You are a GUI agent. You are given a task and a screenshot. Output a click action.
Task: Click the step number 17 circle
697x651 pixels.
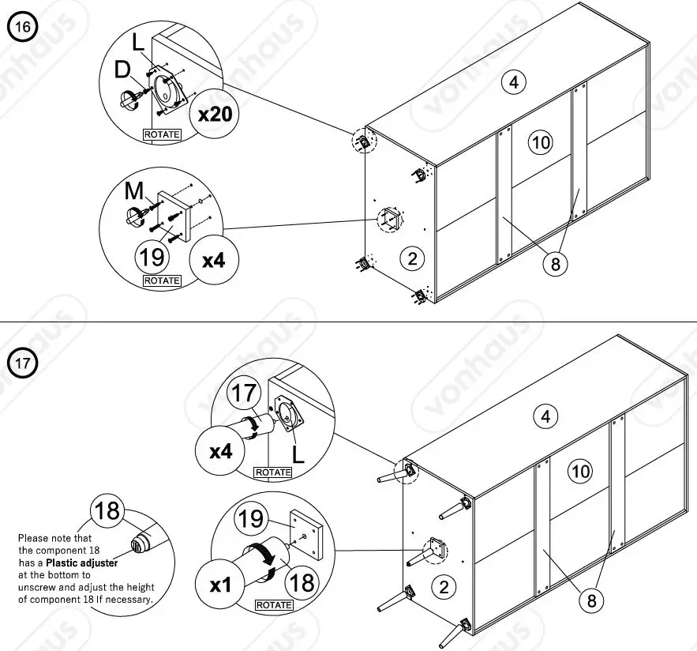23,363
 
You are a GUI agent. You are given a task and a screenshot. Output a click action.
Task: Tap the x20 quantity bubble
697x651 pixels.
215,114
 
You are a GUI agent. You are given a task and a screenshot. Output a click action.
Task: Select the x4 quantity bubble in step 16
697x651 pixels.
214,259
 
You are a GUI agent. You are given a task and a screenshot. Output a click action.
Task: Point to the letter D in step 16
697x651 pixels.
122,70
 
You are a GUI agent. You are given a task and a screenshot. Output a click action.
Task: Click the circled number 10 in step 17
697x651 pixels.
580,472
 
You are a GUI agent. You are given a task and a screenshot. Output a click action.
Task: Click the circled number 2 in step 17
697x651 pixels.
444,586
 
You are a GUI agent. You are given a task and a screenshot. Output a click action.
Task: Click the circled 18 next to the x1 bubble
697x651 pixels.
302,582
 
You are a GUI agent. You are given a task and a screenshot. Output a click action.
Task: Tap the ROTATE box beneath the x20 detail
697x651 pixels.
162,134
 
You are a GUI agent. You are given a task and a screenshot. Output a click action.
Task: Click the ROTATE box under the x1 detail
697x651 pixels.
273,605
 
